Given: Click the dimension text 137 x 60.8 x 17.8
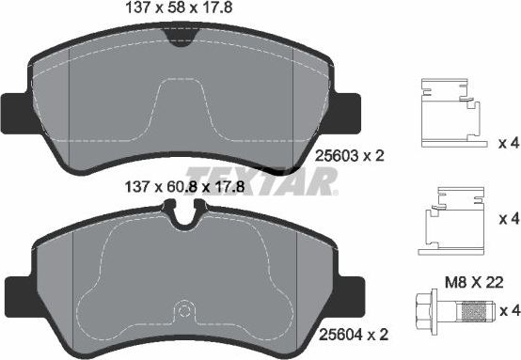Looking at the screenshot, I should pyautogui.click(x=180, y=186).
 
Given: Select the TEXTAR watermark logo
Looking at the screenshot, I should pyautogui.click(x=260, y=180).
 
